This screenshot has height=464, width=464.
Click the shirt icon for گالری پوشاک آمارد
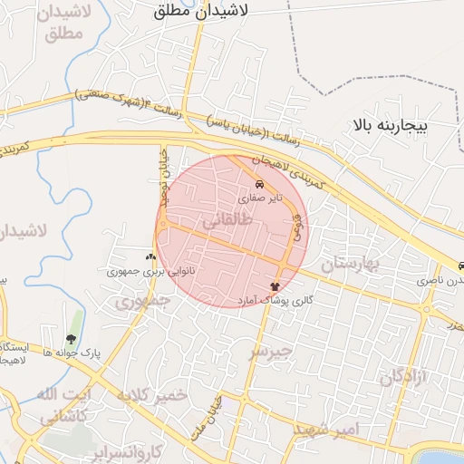(x=274, y=285)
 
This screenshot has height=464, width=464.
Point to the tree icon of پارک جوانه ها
(x=72, y=339)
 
